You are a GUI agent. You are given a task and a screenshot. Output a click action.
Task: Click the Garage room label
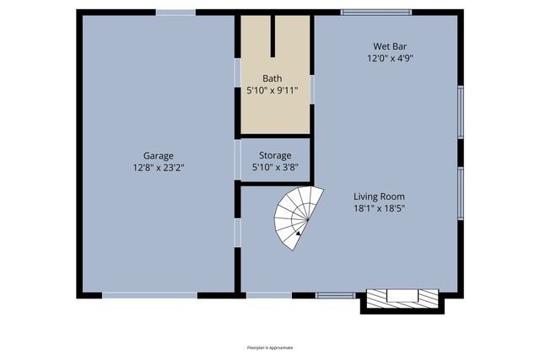point(158,155)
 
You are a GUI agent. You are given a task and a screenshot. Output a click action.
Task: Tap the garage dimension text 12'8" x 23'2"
point(158,167)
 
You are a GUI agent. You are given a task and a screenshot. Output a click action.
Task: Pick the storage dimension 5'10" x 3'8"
point(275,167)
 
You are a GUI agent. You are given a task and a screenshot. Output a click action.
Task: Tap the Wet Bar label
point(389,46)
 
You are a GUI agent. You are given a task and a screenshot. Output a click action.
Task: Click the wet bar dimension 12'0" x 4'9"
point(389,58)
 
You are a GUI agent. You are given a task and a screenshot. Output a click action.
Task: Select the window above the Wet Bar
point(375,12)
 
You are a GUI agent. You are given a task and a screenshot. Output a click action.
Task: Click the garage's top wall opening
point(175,12)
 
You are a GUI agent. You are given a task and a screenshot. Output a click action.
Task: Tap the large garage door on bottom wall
point(149,295)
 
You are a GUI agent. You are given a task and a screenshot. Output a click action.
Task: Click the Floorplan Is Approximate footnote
point(270,347)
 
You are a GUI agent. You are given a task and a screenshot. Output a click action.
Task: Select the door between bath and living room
point(312,89)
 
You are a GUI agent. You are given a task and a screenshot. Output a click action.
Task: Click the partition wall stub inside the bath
point(273,35)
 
